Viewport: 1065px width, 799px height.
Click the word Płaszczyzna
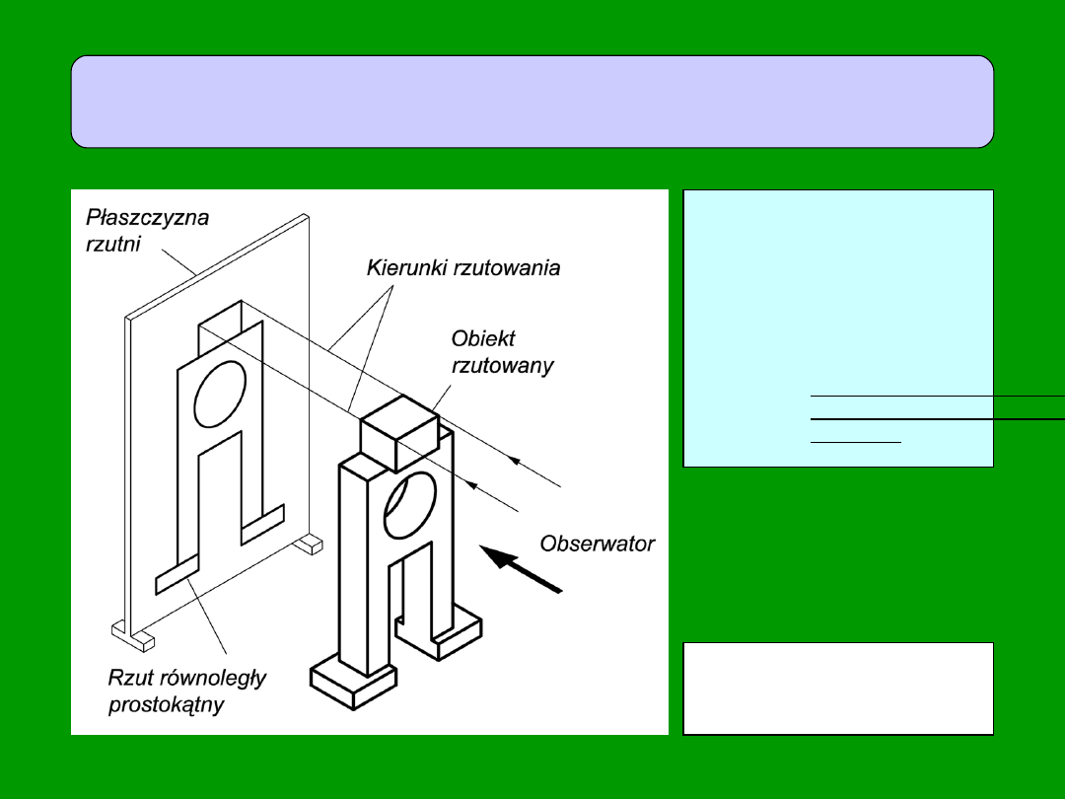(x=147, y=217)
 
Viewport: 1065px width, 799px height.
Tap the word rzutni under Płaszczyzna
(x=112, y=244)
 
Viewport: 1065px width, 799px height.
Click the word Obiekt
(x=483, y=339)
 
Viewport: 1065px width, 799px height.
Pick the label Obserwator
(x=597, y=544)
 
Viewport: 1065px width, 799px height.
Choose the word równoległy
(x=214, y=679)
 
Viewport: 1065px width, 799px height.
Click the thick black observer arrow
(x=528, y=571)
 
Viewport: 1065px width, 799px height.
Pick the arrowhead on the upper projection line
(x=514, y=460)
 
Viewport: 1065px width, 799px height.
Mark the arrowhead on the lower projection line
(x=472, y=484)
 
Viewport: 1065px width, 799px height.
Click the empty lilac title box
(x=532, y=102)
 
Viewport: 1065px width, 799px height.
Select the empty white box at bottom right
(x=837, y=689)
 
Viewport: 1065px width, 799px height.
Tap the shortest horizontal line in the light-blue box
(x=855, y=442)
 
